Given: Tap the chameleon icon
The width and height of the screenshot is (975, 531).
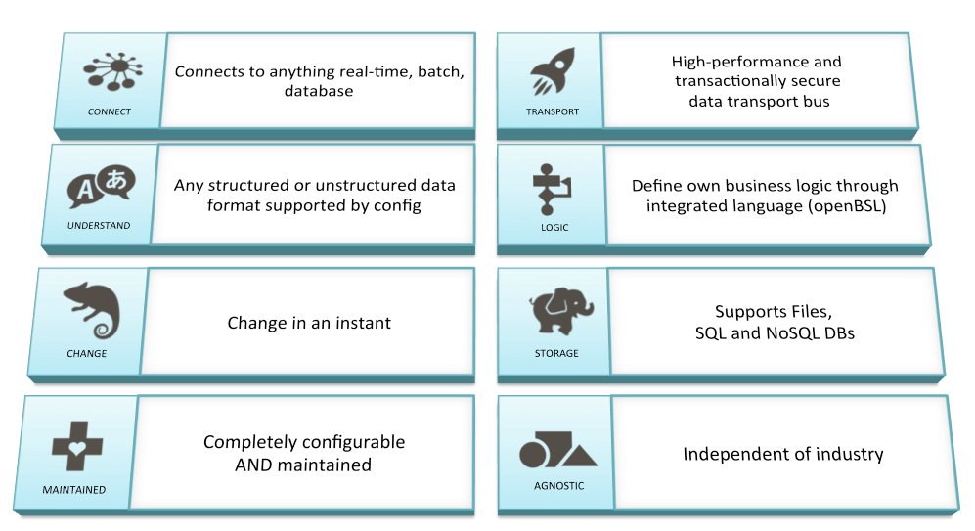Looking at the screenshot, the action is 91,310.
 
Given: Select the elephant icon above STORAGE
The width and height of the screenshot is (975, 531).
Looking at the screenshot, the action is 561,311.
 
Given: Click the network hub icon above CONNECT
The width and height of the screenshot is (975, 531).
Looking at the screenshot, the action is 113,71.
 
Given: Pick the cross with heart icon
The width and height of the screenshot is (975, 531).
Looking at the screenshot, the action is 77,447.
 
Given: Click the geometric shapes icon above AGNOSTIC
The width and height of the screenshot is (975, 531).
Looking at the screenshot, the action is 557,449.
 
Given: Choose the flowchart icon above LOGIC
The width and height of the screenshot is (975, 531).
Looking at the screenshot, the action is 551,189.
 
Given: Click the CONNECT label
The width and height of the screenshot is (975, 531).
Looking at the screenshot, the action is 110,111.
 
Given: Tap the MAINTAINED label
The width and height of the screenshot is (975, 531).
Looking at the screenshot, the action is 74,490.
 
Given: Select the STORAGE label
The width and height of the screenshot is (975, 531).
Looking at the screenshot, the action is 556,353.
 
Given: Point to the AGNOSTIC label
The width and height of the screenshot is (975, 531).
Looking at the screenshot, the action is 559,486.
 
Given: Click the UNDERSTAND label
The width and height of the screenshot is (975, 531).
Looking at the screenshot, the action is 99,225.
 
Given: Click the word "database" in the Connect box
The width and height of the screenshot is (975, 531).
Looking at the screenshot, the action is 319,91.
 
